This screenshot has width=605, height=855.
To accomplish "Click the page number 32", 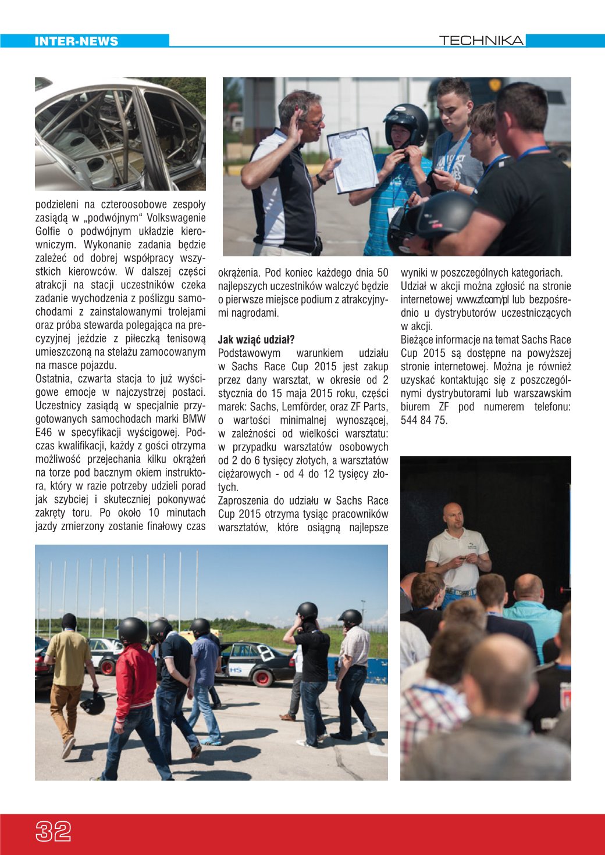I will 54,832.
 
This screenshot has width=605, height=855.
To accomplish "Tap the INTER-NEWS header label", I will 76,41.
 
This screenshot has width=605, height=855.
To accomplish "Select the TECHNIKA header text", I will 481,40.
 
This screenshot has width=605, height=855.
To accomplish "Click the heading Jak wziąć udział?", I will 256,340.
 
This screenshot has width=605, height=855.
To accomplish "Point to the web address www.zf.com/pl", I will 482,300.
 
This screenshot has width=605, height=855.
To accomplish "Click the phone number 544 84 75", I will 424,420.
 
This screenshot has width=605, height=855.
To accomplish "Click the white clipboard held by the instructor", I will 353,159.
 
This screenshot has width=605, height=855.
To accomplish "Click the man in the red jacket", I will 136,686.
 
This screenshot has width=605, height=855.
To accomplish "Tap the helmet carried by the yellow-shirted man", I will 93,703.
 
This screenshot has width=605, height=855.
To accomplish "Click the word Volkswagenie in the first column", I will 177,218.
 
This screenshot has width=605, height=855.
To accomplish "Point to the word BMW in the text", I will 194,419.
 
